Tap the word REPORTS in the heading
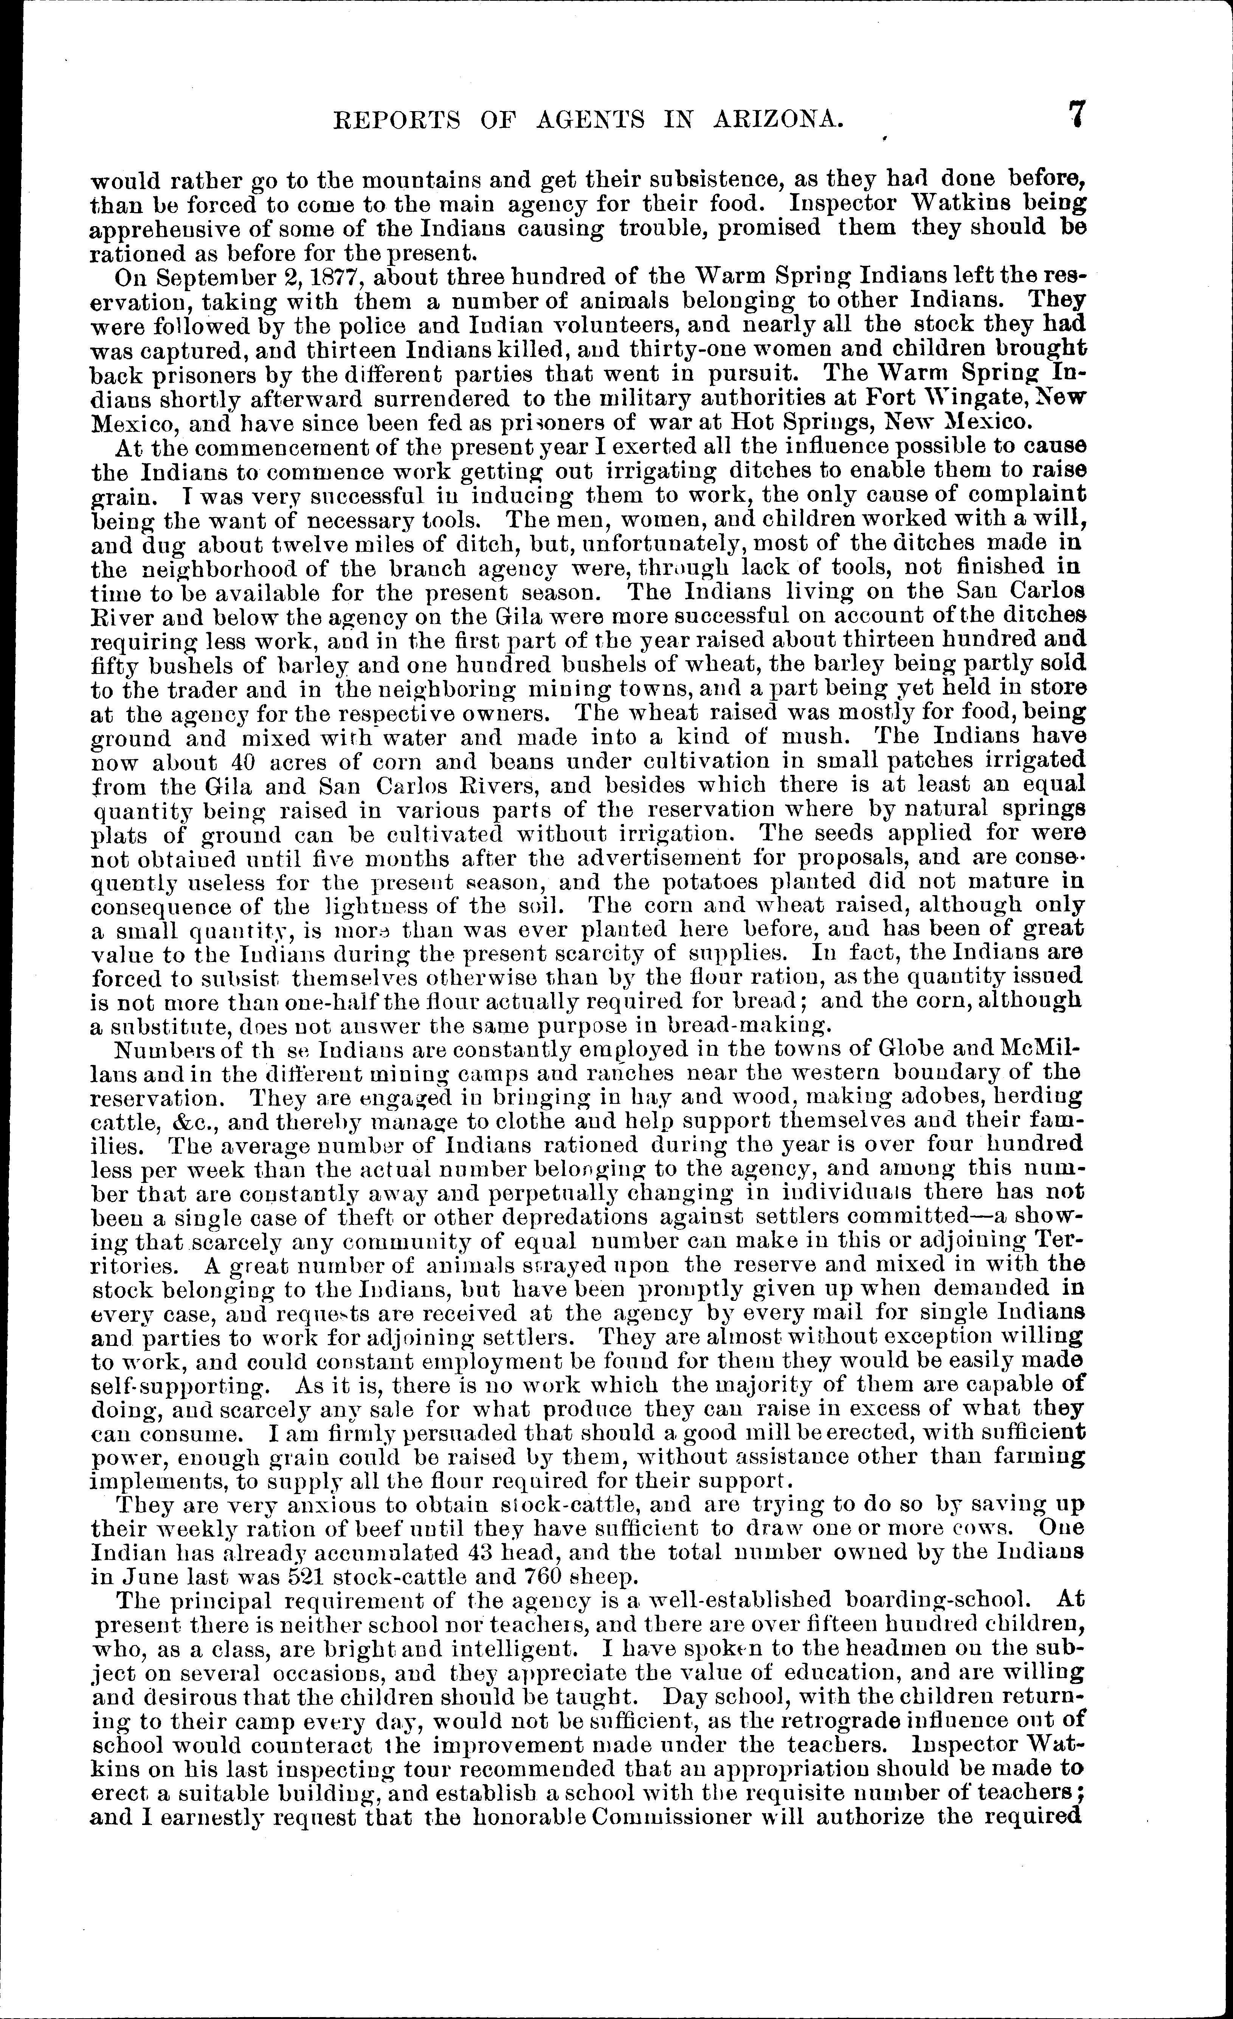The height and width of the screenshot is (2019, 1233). click(379, 121)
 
